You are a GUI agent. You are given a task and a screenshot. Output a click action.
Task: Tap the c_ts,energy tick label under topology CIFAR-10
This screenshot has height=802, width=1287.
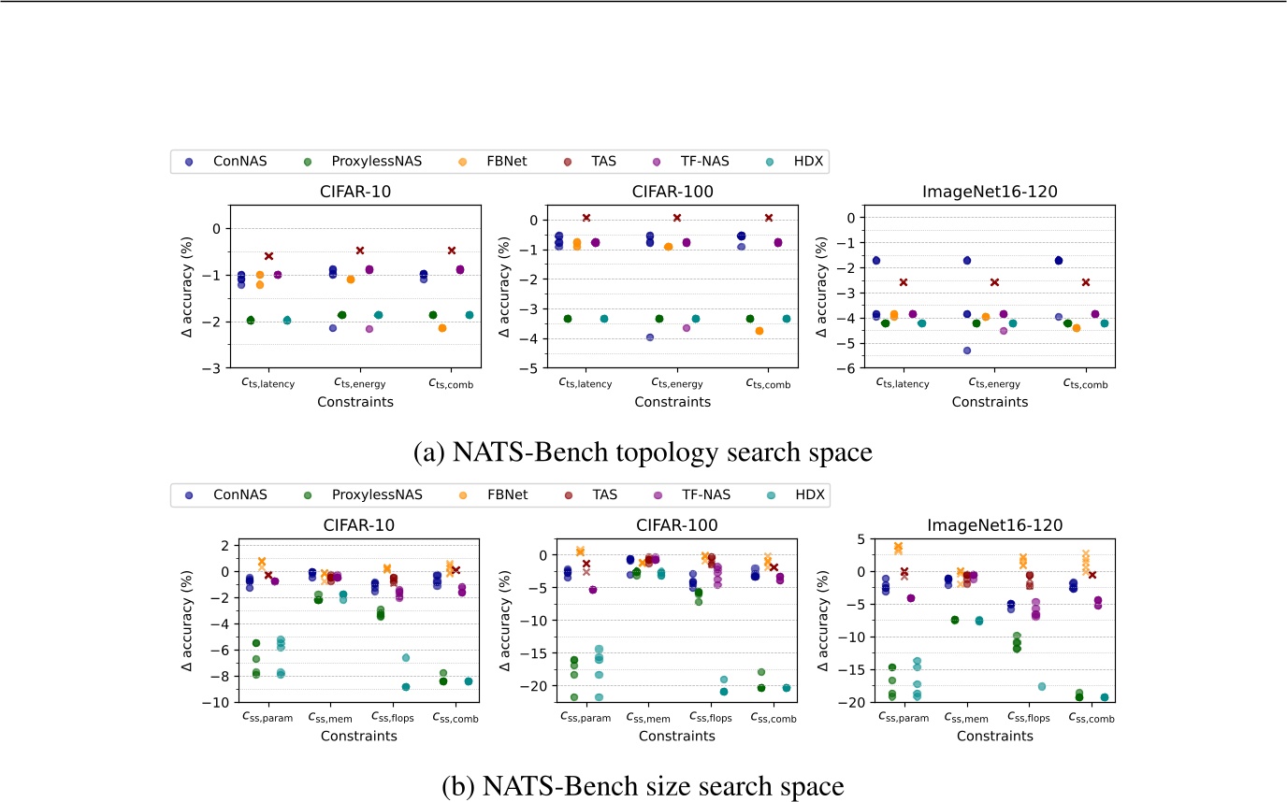click(x=359, y=383)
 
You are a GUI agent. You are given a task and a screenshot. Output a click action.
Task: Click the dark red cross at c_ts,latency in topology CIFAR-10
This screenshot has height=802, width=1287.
click(x=268, y=256)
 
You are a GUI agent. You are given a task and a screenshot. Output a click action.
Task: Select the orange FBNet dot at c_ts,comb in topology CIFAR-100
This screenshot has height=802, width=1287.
click(x=759, y=331)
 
